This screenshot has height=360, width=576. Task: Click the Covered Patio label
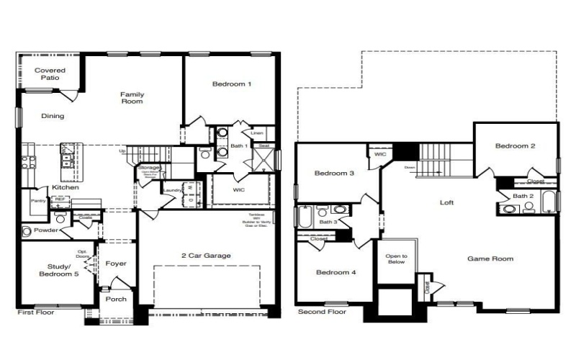(50, 74)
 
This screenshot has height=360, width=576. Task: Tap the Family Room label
(132, 98)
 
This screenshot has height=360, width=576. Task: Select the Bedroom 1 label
(232, 84)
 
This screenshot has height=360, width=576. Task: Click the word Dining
(52, 116)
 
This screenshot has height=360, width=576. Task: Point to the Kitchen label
(65, 188)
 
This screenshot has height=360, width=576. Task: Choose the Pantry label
(37, 202)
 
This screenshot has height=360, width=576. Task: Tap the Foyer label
(116, 264)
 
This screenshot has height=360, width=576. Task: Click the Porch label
(116, 299)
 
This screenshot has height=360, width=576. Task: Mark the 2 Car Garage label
(207, 256)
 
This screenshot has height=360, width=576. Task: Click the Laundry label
(172, 190)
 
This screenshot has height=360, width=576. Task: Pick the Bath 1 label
(240, 147)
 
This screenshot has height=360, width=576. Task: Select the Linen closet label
(257, 133)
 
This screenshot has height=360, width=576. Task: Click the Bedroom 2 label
(515, 146)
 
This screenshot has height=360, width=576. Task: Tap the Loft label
(447, 202)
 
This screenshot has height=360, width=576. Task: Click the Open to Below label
(397, 258)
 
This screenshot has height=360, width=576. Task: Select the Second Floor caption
(322, 312)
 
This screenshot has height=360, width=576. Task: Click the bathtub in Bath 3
(304, 217)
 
